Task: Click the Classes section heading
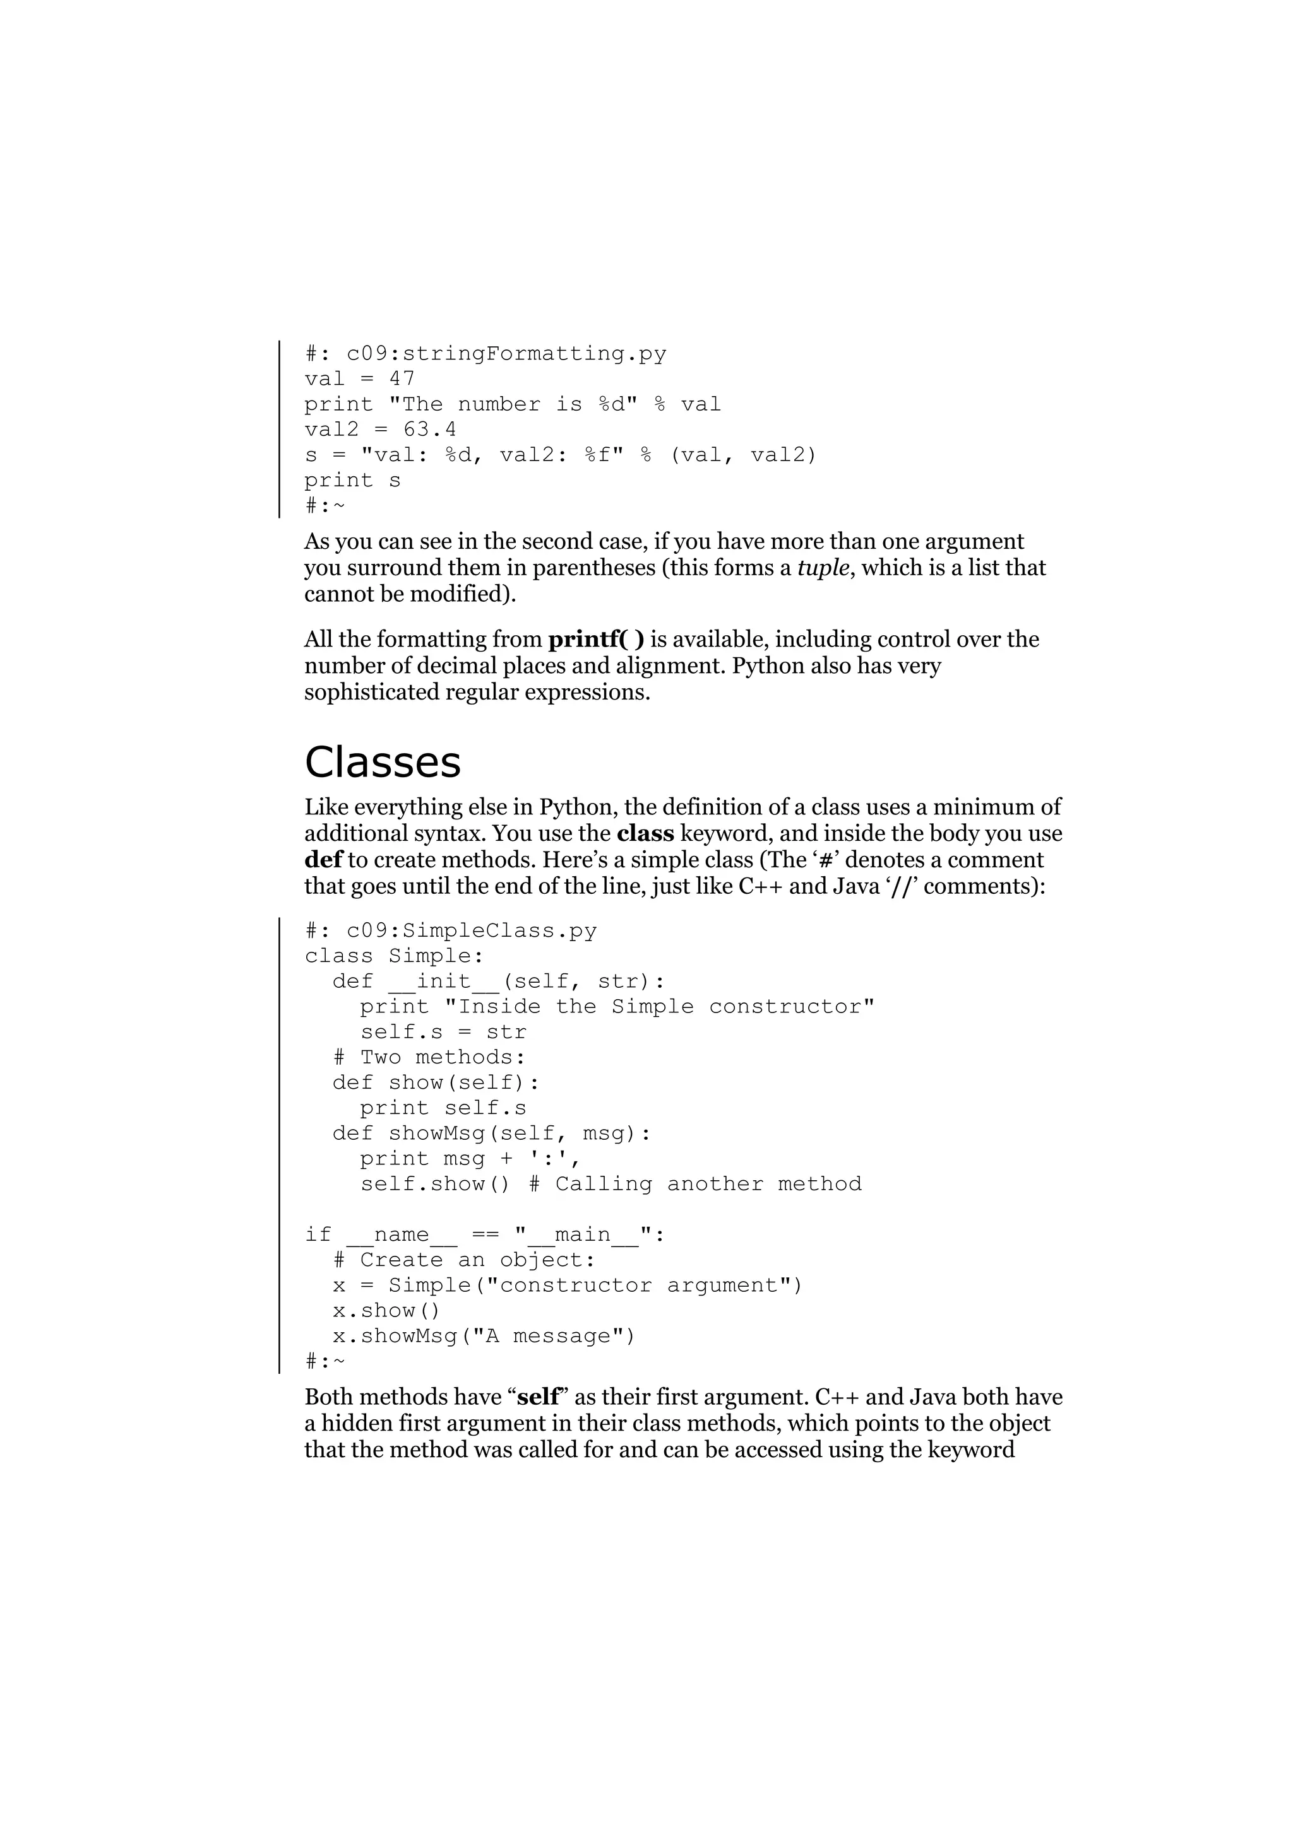click(383, 762)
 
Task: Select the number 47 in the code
click(402, 379)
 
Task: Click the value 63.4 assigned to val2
click(430, 430)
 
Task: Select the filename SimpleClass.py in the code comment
click(499, 931)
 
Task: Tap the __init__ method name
click(444, 981)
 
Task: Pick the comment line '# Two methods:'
click(429, 1057)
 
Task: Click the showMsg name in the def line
click(438, 1134)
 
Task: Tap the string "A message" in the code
click(548, 1336)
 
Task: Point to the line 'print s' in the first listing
click(352, 481)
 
